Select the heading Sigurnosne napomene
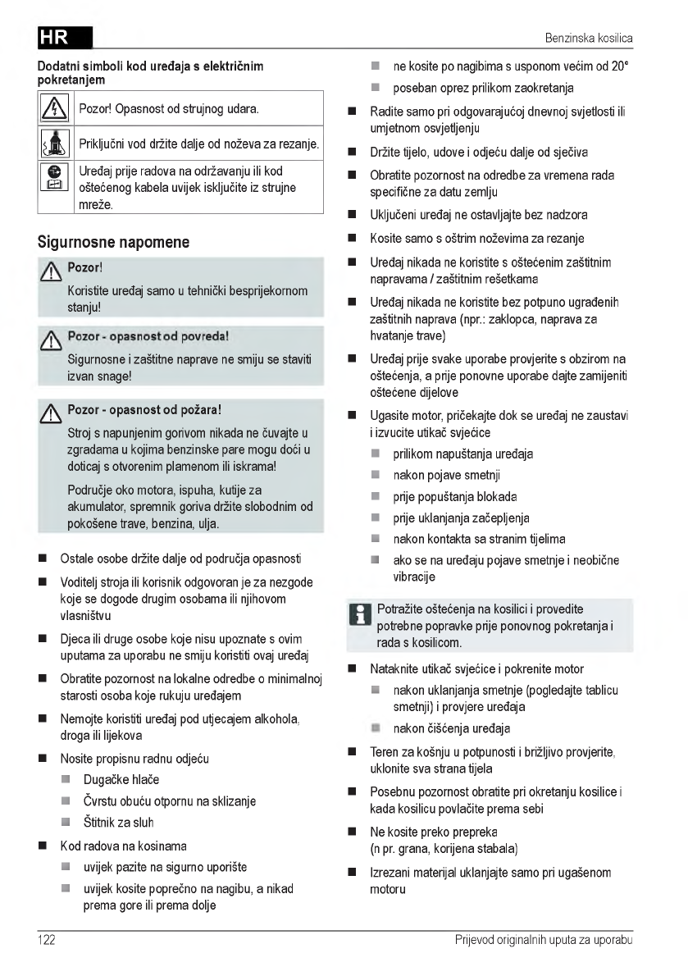pyautogui.click(x=113, y=242)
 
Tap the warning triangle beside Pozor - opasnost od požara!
pyautogui.click(x=53, y=411)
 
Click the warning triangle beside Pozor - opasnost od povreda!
pyautogui.click(x=53, y=339)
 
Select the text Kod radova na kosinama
pyautogui.click(x=123, y=845)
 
